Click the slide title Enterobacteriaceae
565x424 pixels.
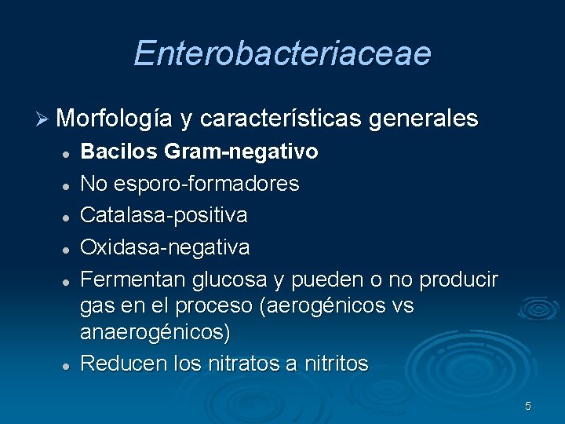coord(282,53)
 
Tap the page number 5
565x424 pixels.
coord(528,406)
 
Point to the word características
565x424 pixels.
coord(282,119)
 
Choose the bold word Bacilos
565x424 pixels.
coord(115,152)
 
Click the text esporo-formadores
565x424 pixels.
coord(206,184)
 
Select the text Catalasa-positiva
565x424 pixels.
coord(164,215)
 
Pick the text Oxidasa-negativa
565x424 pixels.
coord(165,247)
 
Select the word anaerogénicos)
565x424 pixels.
coord(155,332)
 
